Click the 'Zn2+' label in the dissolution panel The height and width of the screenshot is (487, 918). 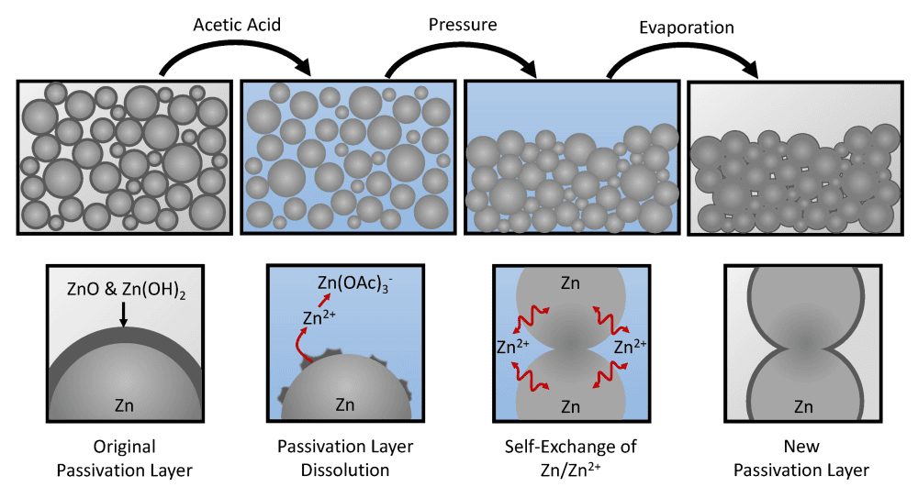pos(316,318)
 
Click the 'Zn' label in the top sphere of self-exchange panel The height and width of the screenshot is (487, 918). pos(570,285)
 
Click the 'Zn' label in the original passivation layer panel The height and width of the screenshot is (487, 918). pos(126,404)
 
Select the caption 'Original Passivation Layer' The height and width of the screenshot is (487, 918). pos(125,459)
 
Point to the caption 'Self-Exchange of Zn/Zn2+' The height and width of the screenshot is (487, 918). pos(570,459)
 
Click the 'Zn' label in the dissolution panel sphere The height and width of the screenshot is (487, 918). pos(345,404)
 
